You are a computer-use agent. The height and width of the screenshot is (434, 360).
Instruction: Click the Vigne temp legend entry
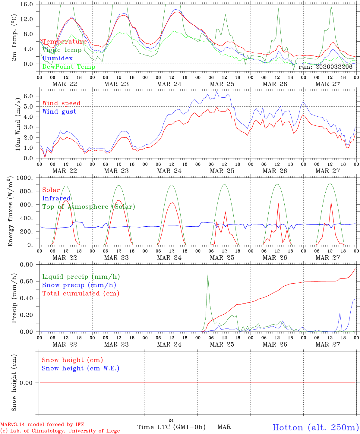(x=62, y=50)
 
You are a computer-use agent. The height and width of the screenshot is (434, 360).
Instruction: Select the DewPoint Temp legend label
(x=69, y=67)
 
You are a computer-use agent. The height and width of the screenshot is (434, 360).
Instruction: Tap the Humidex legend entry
(x=57, y=58)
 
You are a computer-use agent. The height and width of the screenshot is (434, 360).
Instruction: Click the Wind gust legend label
(x=59, y=112)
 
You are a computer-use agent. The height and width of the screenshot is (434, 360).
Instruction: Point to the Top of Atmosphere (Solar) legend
(x=89, y=207)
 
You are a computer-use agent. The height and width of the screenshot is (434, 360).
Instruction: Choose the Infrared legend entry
(x=56, y=198)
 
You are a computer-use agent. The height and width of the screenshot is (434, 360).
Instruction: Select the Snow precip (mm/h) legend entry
(x=79, y=285)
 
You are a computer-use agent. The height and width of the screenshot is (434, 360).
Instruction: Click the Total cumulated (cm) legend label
(x=81, y=294)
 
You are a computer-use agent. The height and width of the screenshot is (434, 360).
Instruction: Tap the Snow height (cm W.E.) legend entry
(x=81, y=368)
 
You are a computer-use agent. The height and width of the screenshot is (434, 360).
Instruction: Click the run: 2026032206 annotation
(x=325, y=67)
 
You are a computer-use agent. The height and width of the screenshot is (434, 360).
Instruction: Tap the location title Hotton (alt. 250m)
(x=316, y=427)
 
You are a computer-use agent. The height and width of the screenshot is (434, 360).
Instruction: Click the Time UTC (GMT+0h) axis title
(x=171, y=427)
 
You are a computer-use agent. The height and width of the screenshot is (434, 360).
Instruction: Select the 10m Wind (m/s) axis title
(x=18, y=124)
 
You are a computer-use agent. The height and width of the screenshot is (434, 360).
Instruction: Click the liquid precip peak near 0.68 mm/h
(x=208, y=275)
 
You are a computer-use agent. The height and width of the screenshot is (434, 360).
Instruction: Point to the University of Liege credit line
(x=60, y=431)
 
